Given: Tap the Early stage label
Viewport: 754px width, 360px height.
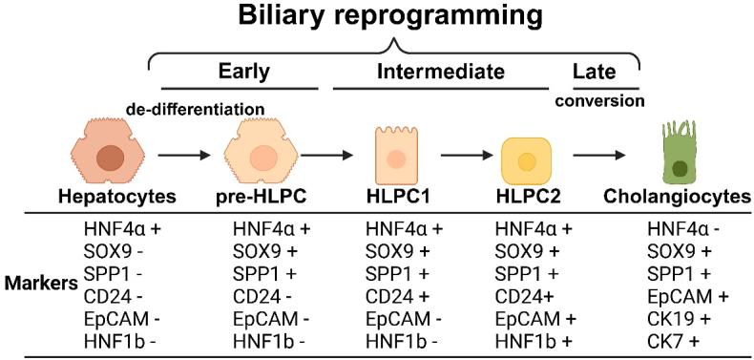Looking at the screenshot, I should point(243,72).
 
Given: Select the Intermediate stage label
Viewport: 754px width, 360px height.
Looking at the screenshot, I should point(440,72).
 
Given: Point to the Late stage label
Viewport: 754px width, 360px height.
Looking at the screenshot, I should point(594,72).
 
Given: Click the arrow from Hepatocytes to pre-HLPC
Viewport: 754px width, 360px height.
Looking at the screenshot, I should point(182,153).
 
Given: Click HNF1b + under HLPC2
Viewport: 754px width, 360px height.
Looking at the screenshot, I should point(533,334).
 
